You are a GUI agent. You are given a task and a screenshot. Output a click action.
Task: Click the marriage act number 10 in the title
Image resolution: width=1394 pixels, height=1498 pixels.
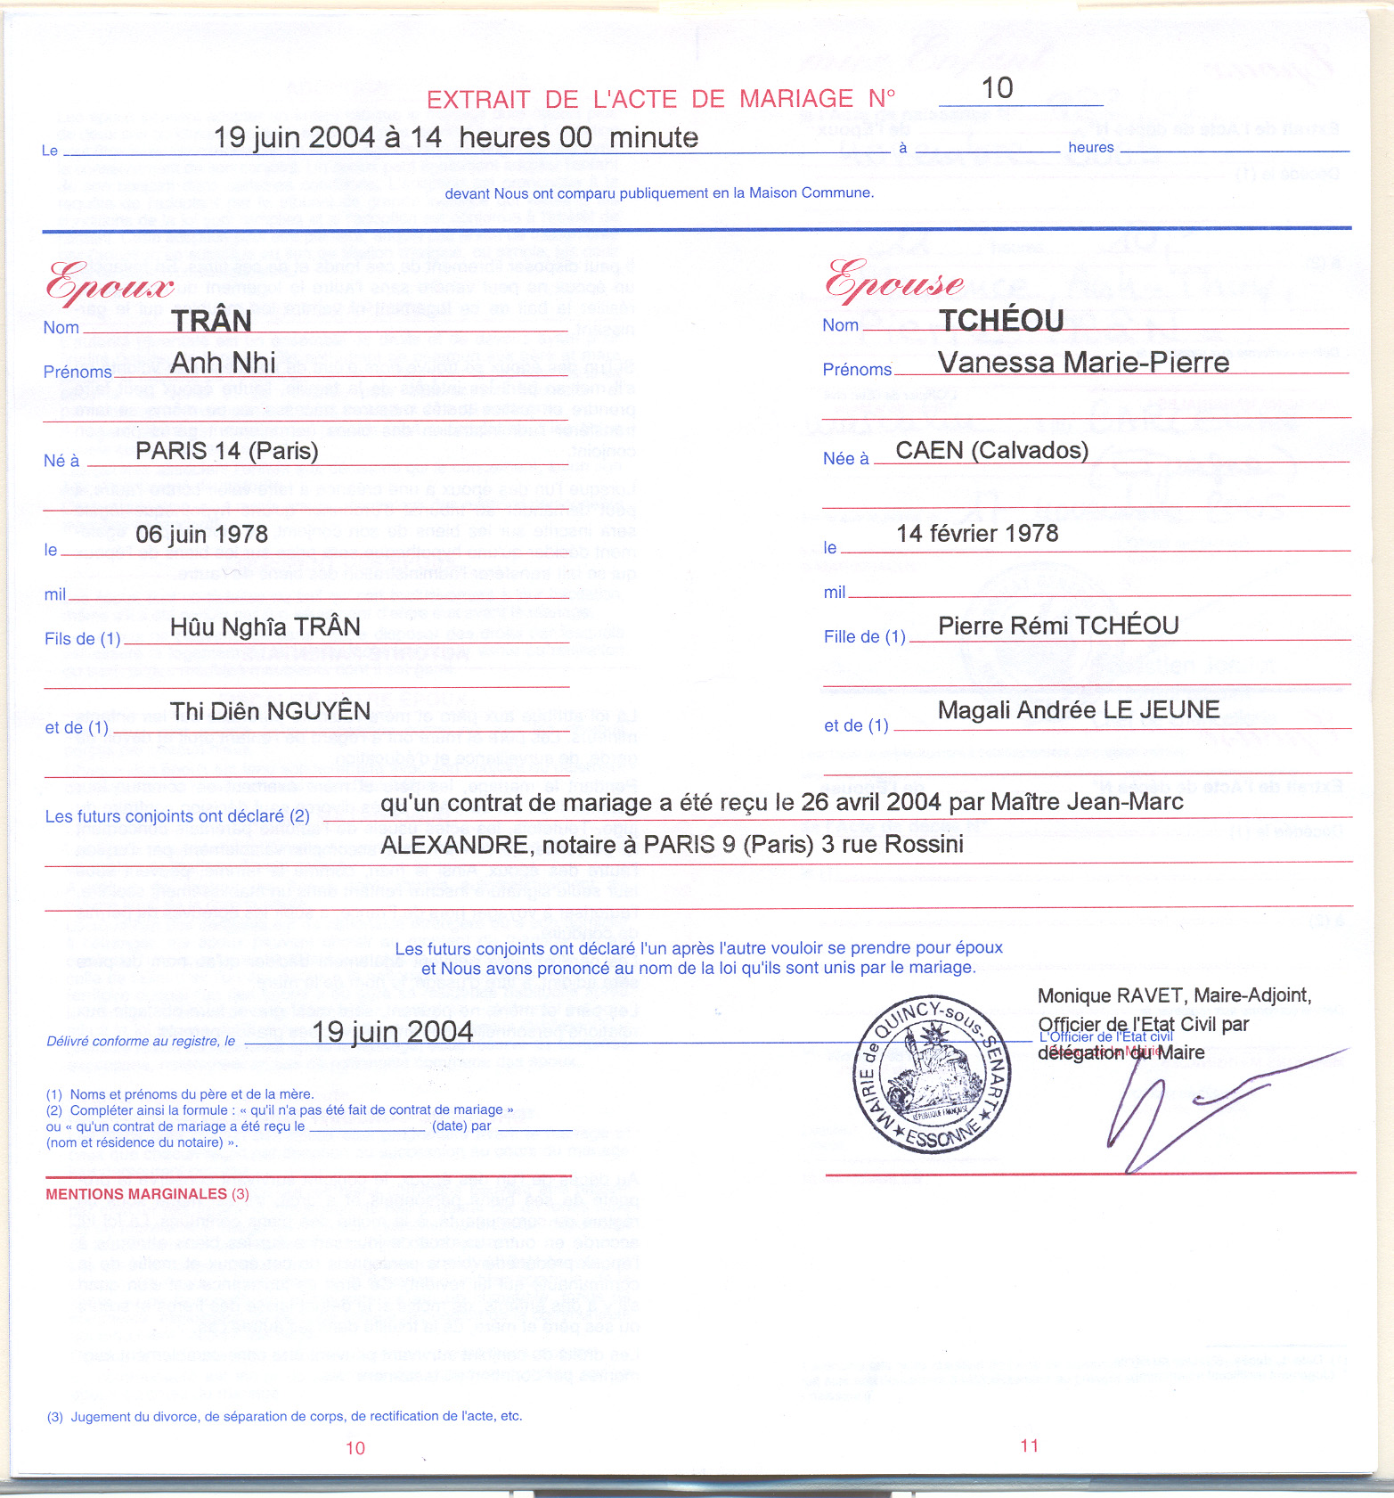click(x=997, y=88)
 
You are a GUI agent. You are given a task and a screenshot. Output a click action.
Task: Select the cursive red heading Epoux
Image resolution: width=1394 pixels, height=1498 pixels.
click(x=110, y=282)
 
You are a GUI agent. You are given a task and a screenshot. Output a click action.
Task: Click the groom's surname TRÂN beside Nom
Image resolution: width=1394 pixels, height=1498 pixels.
click(x=211, y=321)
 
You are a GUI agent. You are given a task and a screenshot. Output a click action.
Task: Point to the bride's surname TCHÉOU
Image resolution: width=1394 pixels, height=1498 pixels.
click(x=1001, y=320)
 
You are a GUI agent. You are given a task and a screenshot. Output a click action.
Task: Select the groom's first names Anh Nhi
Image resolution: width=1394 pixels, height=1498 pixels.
click(x=223, y=363)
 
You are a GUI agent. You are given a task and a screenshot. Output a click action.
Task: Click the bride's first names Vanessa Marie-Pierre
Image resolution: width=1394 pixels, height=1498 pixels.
click(x=1083, y=362)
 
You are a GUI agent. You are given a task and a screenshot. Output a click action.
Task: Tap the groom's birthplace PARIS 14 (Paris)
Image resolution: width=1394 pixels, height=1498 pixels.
click(x=226, y=451)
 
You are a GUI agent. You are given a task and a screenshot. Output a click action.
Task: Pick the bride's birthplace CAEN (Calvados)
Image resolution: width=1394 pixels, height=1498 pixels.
click(x=991, y=450)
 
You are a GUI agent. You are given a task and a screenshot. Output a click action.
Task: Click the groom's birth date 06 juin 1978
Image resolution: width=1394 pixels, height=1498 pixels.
click(x=201, y=535)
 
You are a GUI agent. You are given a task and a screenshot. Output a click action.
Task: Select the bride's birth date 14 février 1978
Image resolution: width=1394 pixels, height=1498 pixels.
click(x=977, y=534)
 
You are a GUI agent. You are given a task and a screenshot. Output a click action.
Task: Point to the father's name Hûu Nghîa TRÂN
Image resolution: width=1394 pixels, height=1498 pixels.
click(x=265, y=627)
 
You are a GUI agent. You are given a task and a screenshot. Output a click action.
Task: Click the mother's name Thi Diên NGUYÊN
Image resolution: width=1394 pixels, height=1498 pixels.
click(x=270, y=711)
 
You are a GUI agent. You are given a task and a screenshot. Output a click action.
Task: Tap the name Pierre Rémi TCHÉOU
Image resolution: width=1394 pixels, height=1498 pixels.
click(x=1058, y=626)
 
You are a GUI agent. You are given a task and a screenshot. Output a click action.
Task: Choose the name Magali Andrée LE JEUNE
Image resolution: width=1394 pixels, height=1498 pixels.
click(x=1079, y=710)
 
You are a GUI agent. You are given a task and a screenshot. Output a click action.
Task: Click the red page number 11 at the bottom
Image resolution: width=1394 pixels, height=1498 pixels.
click(x=1029, y=1445)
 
